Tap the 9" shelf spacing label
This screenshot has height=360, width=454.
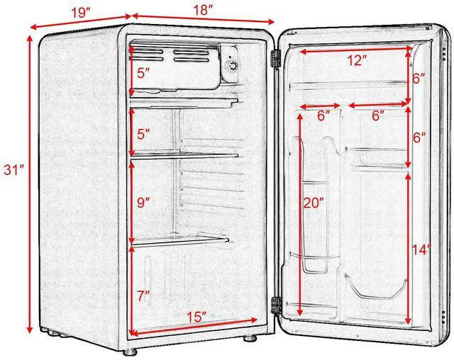click(x=144, y=203)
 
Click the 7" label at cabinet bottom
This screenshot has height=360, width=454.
click(x=143, y=296)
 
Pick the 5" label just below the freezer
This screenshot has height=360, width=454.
click(x=144, y=132)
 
